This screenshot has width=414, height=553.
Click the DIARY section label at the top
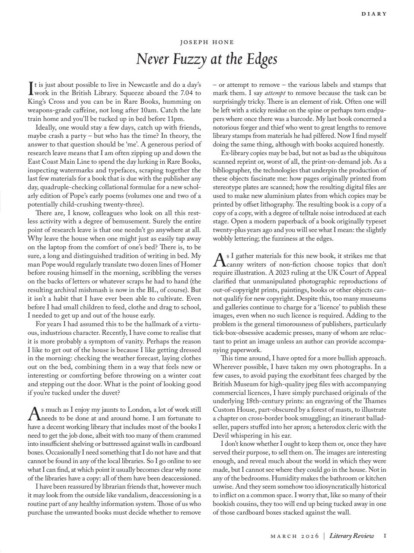click(374, 14)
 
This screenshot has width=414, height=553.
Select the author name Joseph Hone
click(207, 42)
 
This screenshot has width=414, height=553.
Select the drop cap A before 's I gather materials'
click(219, 260)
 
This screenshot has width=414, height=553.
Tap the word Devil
click(223, 435)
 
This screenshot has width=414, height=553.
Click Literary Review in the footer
click(351, 536)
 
